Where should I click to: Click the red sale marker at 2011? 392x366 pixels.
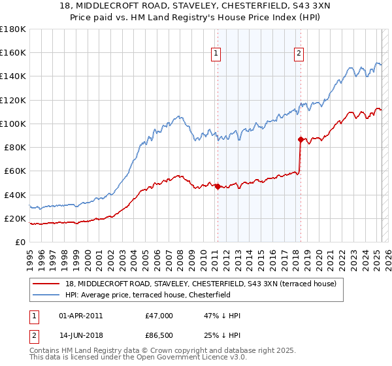coord(217,186)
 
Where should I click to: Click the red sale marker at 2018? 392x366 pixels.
coord(301,139)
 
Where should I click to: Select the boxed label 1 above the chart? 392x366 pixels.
coord(216,54)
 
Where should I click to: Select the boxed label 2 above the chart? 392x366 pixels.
coord(299,54)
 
